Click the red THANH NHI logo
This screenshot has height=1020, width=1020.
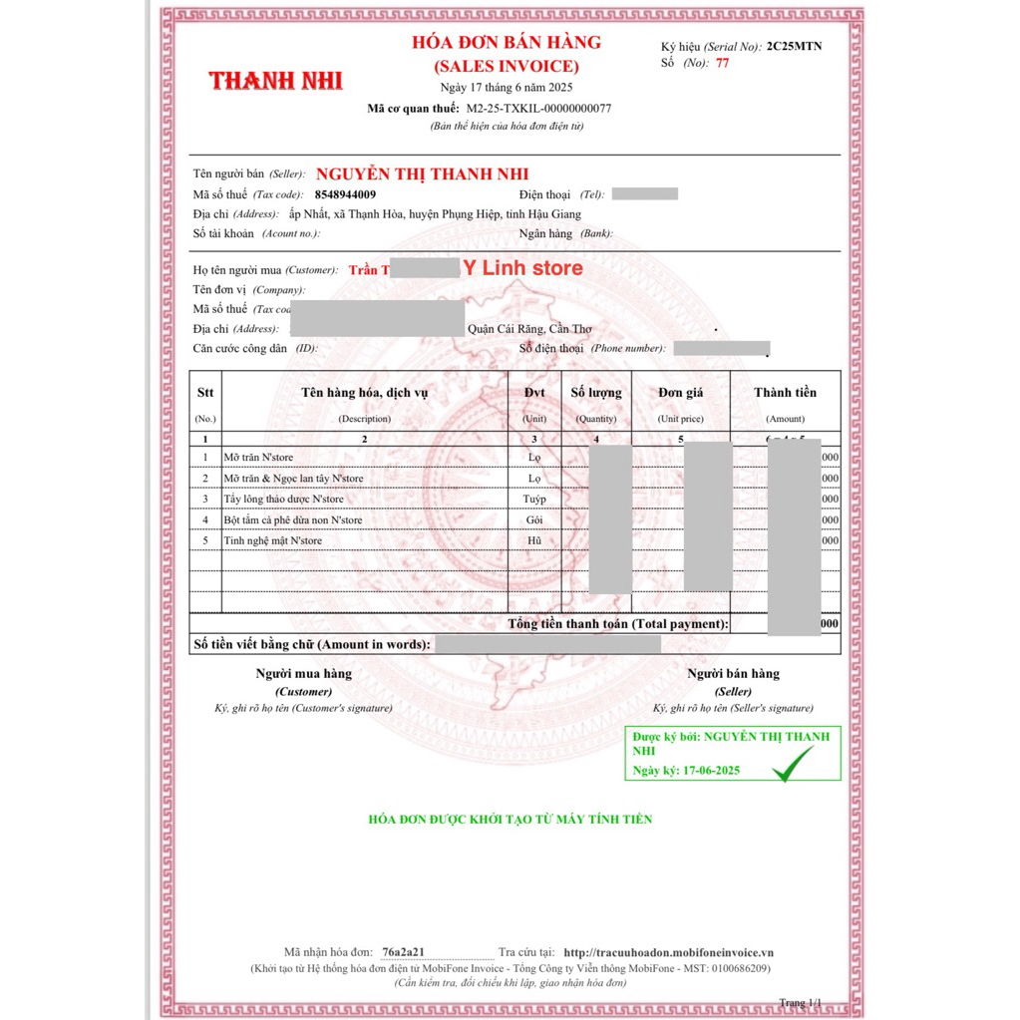[269, 81]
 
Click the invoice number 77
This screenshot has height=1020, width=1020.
[723, 63]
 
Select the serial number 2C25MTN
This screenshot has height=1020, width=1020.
[795, 47]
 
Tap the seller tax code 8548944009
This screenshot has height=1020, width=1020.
[345, 194]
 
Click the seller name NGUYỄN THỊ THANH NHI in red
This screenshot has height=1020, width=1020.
[422, 174]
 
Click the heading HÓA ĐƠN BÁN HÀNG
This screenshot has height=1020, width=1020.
[507, 42]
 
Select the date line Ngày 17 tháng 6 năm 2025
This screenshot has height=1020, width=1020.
[507, 88]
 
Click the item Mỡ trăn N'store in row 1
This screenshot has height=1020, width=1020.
[258, 457]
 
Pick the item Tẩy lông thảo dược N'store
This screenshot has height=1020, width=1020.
[283, 499]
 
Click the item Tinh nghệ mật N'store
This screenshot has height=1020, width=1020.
[272, 540]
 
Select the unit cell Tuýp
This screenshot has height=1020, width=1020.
[534, 499]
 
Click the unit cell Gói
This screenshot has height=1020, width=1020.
[534, 519]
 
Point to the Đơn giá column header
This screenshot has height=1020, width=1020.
[681, 393]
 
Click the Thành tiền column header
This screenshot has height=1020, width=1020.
[785, 393]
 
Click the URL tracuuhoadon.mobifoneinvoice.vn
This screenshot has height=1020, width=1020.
[668, 952]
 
